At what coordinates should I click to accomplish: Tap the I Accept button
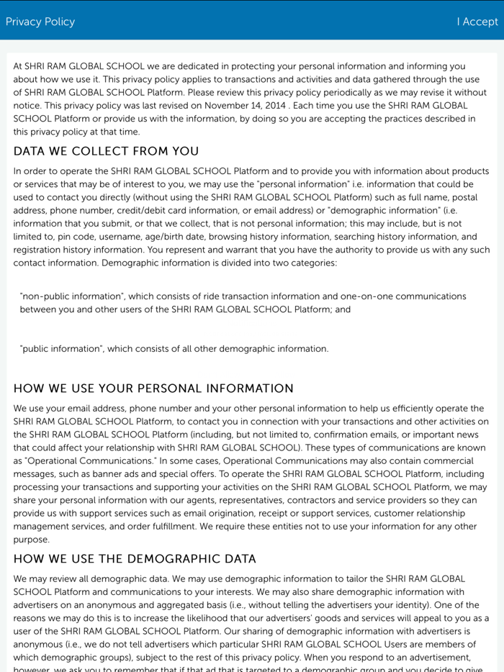tap(477, 22)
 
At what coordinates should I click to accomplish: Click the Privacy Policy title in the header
tap(40, 22)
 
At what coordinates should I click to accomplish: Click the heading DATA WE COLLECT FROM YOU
tap(106, 151)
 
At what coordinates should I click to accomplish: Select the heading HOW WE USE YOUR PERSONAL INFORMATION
tap(153, 389)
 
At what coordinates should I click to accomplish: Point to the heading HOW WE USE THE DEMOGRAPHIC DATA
tap(135, 559)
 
